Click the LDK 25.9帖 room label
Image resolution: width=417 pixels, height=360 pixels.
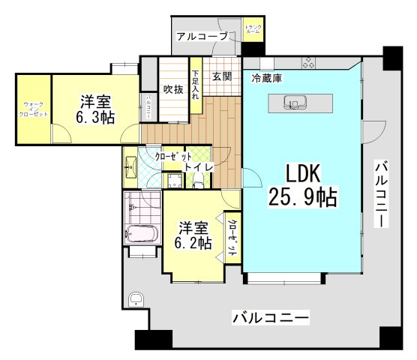click(x=302, y=185)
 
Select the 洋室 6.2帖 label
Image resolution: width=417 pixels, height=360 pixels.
click(x=193, y=235)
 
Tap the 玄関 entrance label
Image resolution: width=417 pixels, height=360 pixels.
click(x=221, y=76)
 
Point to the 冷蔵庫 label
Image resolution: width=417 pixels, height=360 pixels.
click(x=266, y=78)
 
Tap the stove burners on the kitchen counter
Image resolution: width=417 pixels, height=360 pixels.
click(x=307, y=64)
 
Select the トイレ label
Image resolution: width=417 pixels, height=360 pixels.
click(x=197, y=166)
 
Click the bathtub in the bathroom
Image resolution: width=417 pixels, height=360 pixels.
click(x=142, y=235)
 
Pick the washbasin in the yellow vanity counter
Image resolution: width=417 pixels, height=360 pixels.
click(x=129, y=165)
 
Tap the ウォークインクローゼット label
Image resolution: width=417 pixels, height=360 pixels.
click(x=34, y=109)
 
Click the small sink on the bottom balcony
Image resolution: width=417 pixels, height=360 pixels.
click(x=136, y=301)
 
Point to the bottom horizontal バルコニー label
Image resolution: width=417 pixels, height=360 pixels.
click(x=270, y=318)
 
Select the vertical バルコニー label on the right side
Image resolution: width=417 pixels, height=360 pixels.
click(x=382, y=193)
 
